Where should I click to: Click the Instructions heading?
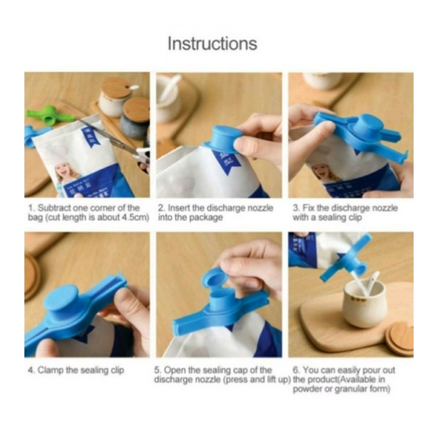[213, 44]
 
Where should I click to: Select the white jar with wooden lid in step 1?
[115, 96]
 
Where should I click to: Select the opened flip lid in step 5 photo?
[215, 281]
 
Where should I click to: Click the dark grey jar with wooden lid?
[135, 117]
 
